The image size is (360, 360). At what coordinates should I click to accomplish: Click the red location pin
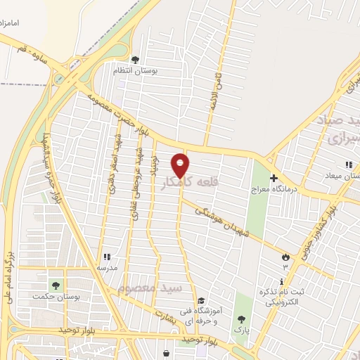(x=182, y=165)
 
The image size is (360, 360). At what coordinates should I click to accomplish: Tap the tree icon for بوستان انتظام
(x=135, y=60)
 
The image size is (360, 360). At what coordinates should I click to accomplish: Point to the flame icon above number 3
(x=285, y=257)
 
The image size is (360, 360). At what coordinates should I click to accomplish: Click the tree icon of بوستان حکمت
(x=55, y=285)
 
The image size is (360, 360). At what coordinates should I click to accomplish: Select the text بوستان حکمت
(x=53, y=296)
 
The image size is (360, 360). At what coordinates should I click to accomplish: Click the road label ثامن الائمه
(x=217, y=91)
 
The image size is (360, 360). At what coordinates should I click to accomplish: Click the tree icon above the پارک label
(x=243, y=319)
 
